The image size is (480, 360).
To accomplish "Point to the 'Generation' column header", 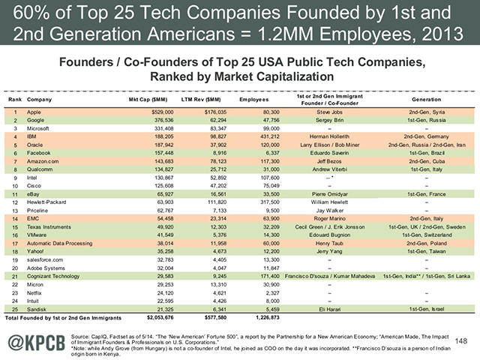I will click(x=421, y=99).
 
